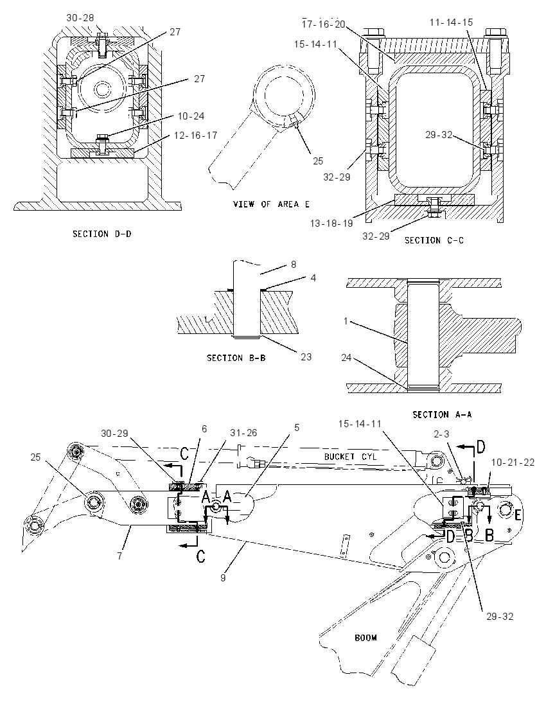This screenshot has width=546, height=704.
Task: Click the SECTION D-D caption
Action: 102,234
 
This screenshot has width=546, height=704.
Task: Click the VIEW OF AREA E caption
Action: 271,204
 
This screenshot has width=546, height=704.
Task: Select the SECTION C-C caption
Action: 434,241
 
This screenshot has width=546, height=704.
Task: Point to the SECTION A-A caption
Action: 443,414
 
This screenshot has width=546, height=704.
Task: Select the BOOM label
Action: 366,638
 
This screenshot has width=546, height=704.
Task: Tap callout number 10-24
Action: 191,116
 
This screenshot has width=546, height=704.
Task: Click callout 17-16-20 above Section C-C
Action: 323,24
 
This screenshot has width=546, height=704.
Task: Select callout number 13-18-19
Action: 332,223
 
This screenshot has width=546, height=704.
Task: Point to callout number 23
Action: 306,357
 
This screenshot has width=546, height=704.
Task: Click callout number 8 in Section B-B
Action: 294,265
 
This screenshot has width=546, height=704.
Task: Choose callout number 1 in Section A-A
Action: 346,321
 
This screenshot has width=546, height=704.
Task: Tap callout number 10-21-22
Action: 513,462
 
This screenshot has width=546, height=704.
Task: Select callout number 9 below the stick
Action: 222,578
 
